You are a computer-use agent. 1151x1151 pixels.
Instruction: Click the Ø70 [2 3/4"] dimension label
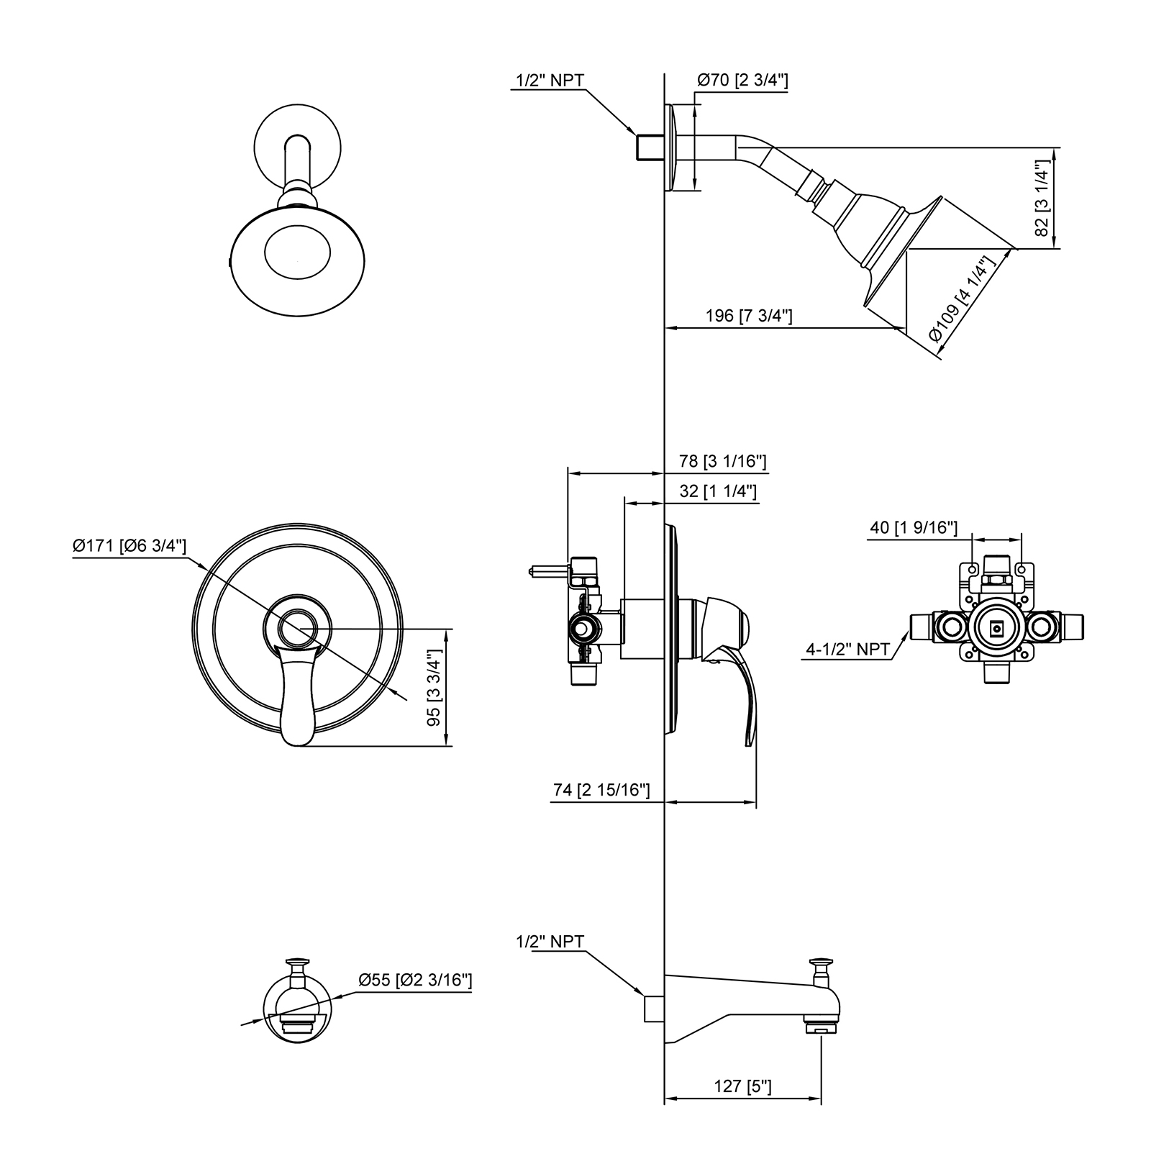pos(742,81)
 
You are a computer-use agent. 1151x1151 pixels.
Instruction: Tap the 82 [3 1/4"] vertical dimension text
pos(1042,198)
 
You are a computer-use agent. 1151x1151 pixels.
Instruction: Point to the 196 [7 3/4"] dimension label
pos(749,316)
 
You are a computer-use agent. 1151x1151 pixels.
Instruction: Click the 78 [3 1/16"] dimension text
pos(723,460)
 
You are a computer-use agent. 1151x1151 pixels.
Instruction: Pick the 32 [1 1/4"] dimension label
pos(717,491)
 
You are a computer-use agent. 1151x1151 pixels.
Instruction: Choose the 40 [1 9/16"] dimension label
pos(914,527)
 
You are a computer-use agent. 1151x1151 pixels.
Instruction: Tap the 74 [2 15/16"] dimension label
pos(601,790)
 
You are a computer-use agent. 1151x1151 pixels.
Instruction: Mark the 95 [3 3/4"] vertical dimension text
pos(434,688)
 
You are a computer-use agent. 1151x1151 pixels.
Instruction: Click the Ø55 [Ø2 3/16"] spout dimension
pos(416,980)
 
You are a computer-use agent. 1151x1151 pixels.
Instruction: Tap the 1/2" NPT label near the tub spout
pos(550,942)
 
